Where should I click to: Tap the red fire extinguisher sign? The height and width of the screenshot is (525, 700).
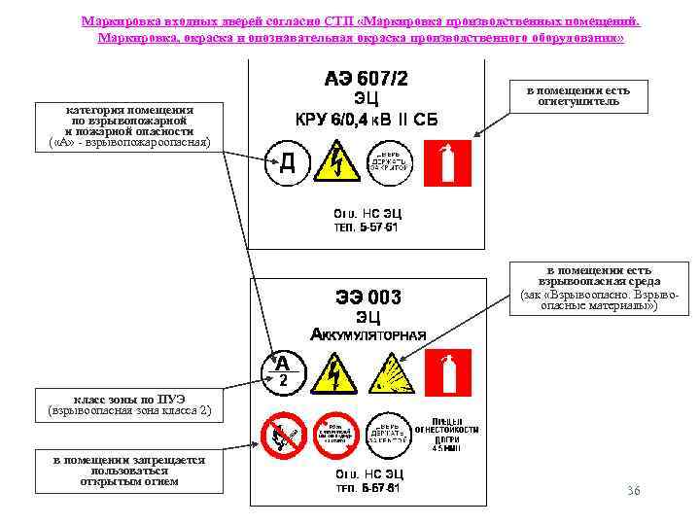[449, 162]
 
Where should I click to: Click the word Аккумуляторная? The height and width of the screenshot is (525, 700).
[367, 335]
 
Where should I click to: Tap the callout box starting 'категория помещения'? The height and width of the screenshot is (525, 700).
[129, 126]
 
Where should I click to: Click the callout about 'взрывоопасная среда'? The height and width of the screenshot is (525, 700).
[599, 288]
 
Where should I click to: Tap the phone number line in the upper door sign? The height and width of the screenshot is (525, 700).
[367, 227]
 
